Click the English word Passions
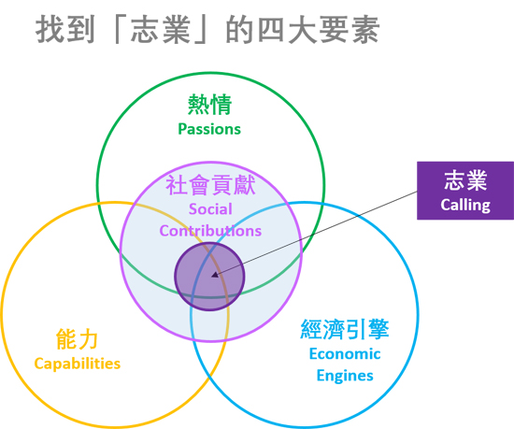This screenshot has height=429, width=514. pos(209,129)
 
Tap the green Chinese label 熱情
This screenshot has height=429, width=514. pos(209,105)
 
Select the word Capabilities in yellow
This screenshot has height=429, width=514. pos(78,364)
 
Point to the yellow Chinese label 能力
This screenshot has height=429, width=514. pos(77,339)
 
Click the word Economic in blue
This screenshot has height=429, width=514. pos(345,354)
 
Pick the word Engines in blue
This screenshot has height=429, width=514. pos(345,376)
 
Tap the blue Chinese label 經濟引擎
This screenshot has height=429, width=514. pos(345,329)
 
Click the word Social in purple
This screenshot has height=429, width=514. pos(210,209)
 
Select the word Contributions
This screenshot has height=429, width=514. pos(210,231)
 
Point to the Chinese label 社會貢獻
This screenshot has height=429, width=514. pos(210,185)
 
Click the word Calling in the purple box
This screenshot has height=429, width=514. pos(465,206)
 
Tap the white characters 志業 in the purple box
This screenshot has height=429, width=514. pos(465,180)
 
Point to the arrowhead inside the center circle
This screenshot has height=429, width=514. pos(215,275)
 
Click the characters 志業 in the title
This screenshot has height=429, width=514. pos(161,30)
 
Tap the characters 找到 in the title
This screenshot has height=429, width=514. pos(65,30)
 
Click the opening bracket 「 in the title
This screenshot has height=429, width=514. pos(120,30)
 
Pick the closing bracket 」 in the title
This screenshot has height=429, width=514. pos(201,30)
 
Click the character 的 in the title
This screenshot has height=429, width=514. pos(239,30)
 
